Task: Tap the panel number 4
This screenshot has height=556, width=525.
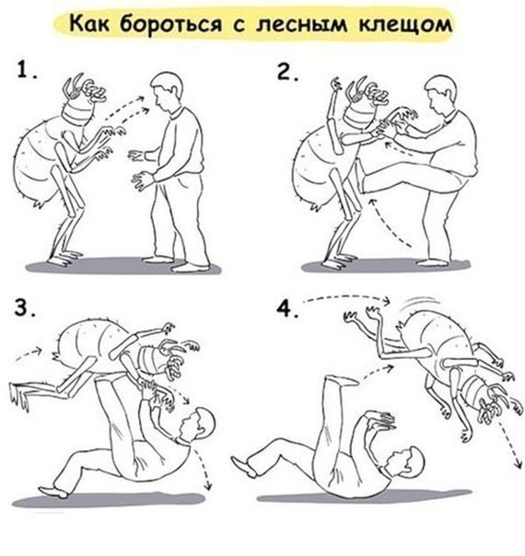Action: [291, 308]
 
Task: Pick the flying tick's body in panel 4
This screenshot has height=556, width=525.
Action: [433, 336]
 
